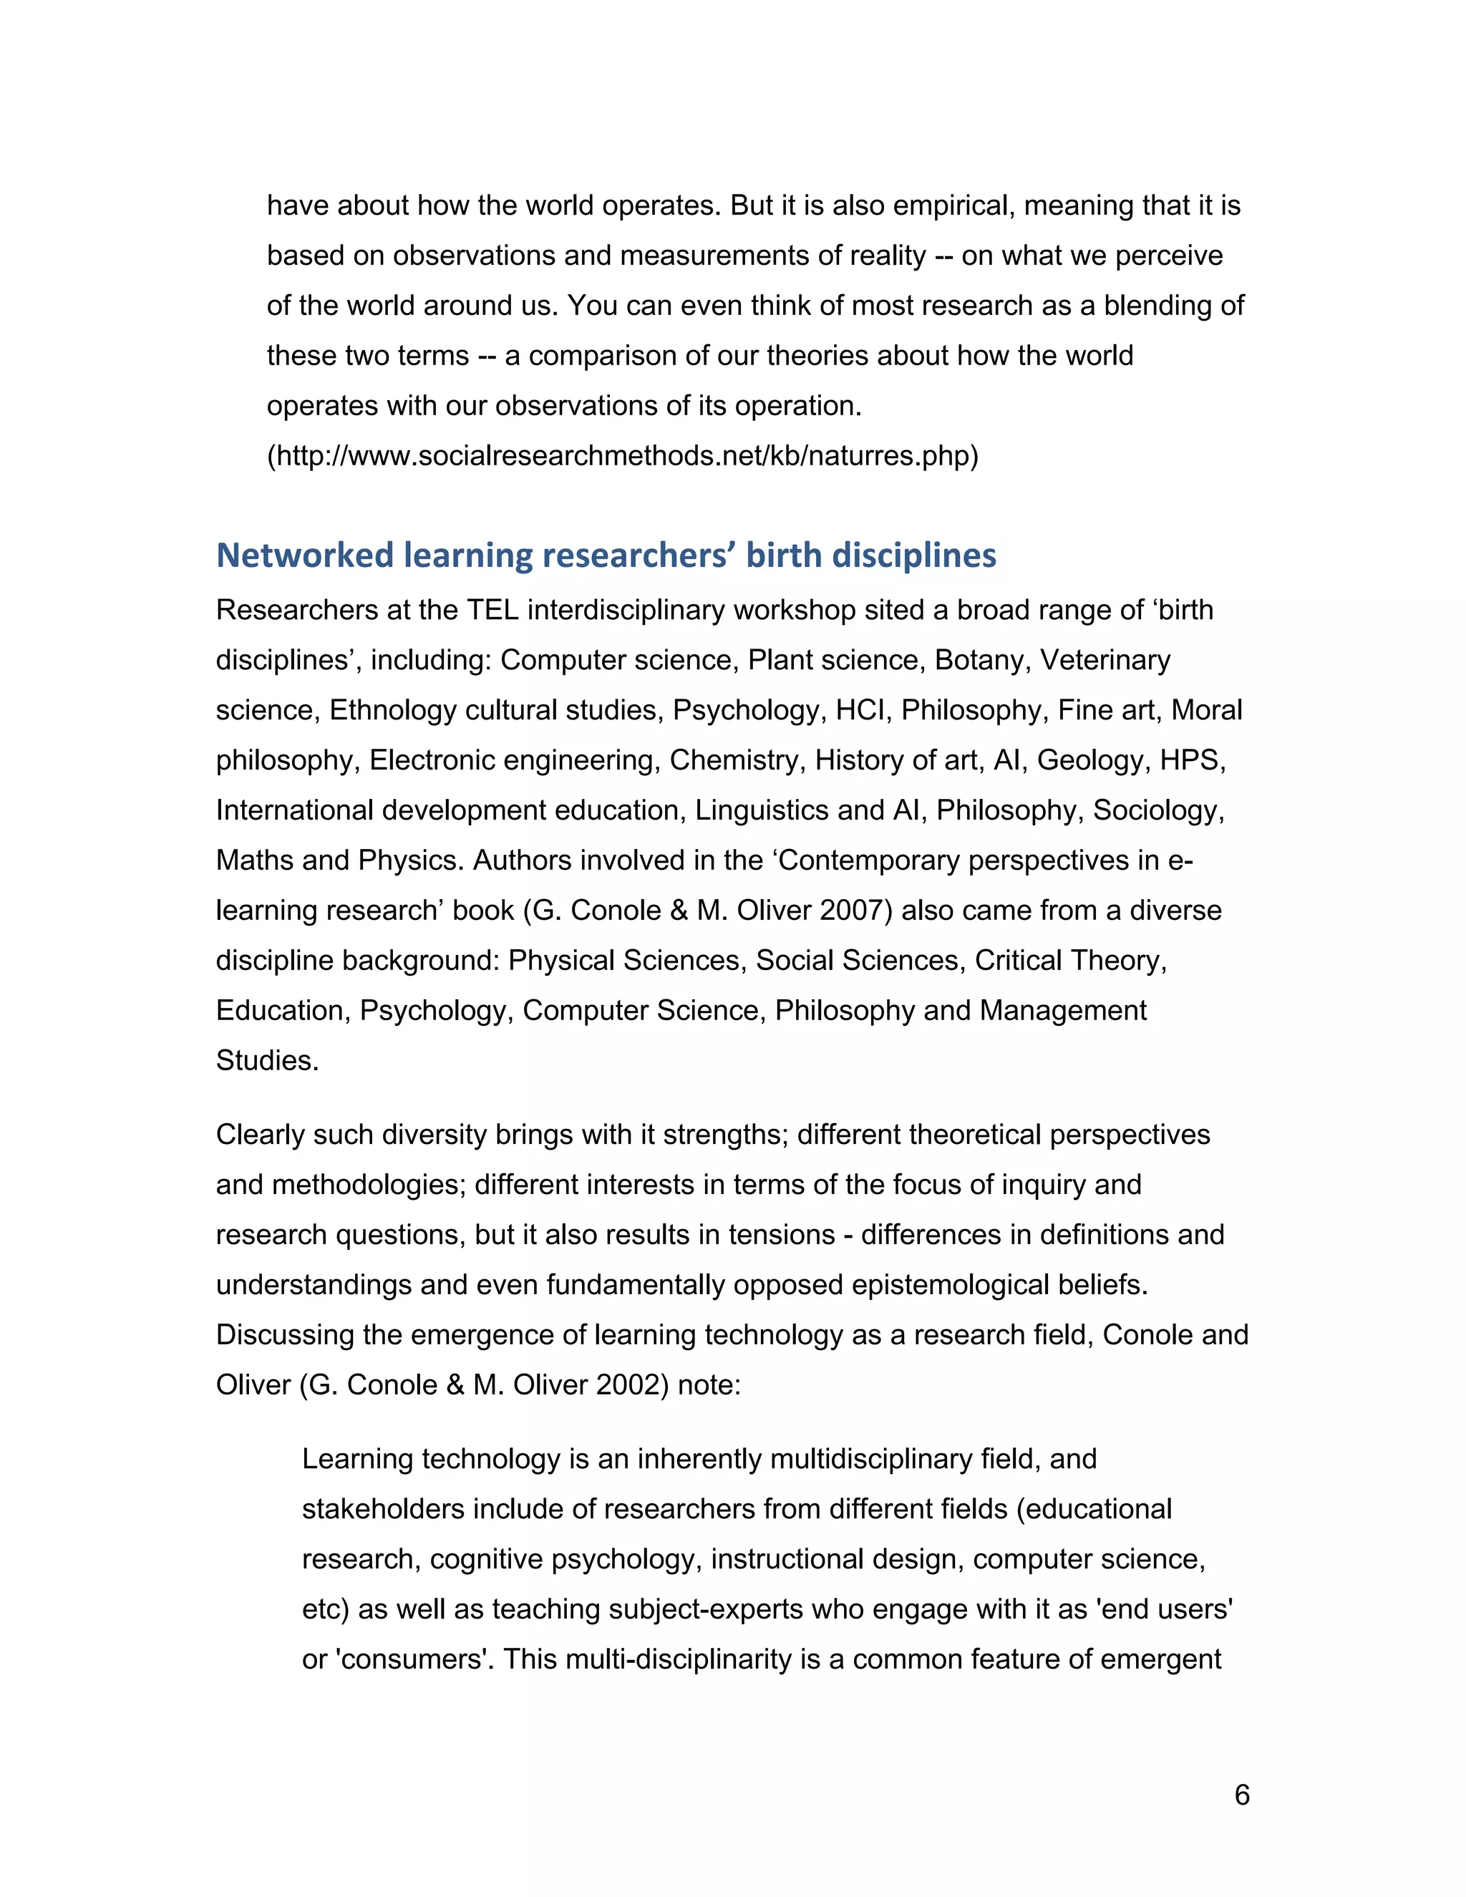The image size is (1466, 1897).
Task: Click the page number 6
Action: tap(1241, 1794)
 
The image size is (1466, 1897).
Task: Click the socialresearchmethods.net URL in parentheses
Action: tap(622, 455)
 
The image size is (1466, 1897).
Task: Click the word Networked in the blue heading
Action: tap(304, 555)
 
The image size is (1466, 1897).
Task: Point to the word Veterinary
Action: tap(1105, 660)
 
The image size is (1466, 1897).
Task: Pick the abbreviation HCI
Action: tap(862, 711)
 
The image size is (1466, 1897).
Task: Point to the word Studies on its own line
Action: tap(266, 1061)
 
